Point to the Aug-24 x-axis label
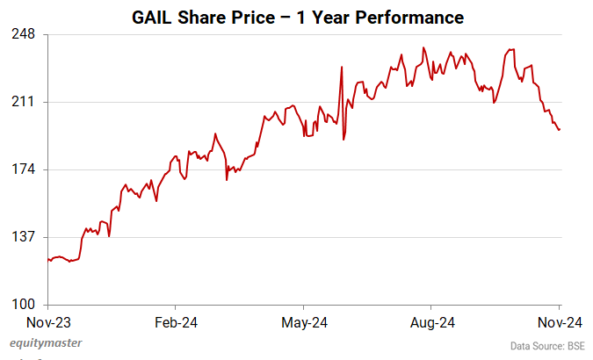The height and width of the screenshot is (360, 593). pos(432,322)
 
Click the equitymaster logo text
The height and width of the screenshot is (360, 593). pos(45,343)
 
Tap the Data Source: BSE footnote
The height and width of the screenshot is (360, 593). pos(546,346)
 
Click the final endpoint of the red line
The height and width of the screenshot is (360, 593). pos(560,130)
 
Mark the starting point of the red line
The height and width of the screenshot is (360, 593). pos(47,259)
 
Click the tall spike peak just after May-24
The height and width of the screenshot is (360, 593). pos(341,67)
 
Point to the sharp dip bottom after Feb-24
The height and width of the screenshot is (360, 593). pos(227,180)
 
